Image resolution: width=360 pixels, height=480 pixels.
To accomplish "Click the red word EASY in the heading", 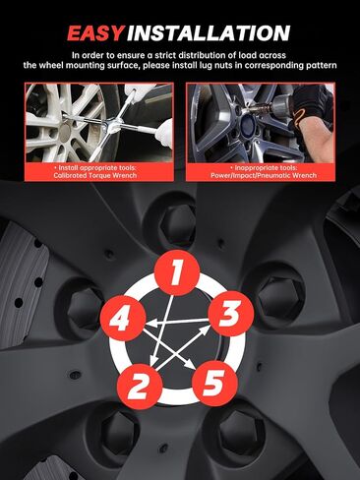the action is (x=95, y=33).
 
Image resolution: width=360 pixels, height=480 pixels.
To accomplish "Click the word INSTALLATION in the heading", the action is (x=209, y=33).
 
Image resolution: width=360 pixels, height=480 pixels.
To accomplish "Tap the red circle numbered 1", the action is (x=177, y=272).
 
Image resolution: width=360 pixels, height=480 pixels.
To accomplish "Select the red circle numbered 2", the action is (x=140, y=386).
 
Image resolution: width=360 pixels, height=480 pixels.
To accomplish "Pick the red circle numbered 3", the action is (x=231, y=314).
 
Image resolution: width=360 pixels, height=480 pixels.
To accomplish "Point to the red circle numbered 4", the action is (x=123, y=318).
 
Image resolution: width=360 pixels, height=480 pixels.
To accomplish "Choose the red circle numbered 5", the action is (x=214, y=383).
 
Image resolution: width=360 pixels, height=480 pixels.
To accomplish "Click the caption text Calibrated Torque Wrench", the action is (x=95, y=175).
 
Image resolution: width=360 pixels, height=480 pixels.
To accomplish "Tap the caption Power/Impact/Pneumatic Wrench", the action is (x=264, y=175).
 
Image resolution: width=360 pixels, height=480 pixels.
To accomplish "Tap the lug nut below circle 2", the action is (x=119, y=429).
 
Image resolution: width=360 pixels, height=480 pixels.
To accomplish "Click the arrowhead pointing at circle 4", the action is (x=150, y=324).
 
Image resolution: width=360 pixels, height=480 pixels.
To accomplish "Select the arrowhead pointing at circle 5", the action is (x=190, y=363).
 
